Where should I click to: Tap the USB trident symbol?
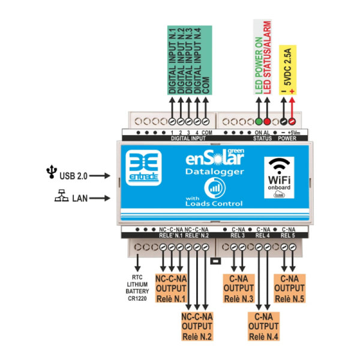tap(50, 174)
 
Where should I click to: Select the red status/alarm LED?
tap(268, 120)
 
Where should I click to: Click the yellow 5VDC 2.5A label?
tap(289, 71)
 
